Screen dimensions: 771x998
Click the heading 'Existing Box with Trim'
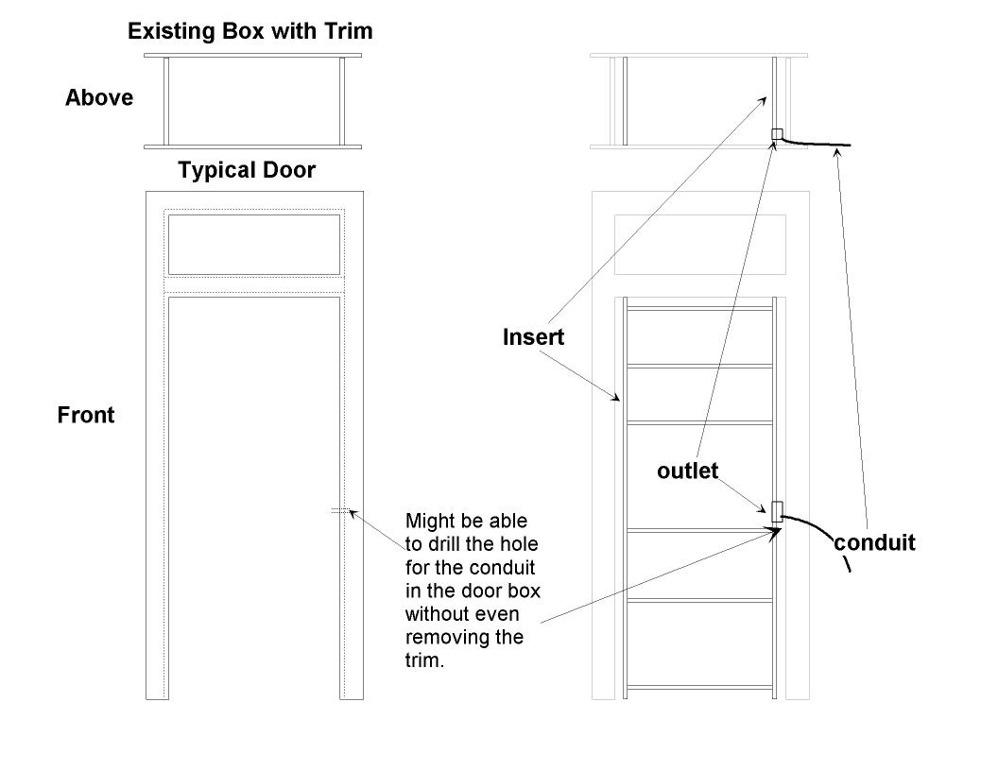(249, 31)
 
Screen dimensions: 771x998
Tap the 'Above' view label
(98, 97)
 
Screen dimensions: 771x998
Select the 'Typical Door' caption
(247, 171)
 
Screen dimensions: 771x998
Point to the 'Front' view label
(86, 415)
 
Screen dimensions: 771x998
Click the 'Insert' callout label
(533, 337)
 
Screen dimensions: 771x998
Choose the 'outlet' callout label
(688, 471)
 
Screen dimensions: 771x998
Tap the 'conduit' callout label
(874, 543)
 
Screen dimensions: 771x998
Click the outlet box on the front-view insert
(778, 511)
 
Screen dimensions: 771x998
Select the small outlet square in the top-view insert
(777, 134)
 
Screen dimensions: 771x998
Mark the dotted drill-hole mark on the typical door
(339, 510)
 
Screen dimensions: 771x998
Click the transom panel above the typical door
(252, 245)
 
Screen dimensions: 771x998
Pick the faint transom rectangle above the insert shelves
(699, 245)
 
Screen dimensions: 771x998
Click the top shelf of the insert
(699, 308)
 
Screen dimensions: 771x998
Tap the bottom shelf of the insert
(699, 687)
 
